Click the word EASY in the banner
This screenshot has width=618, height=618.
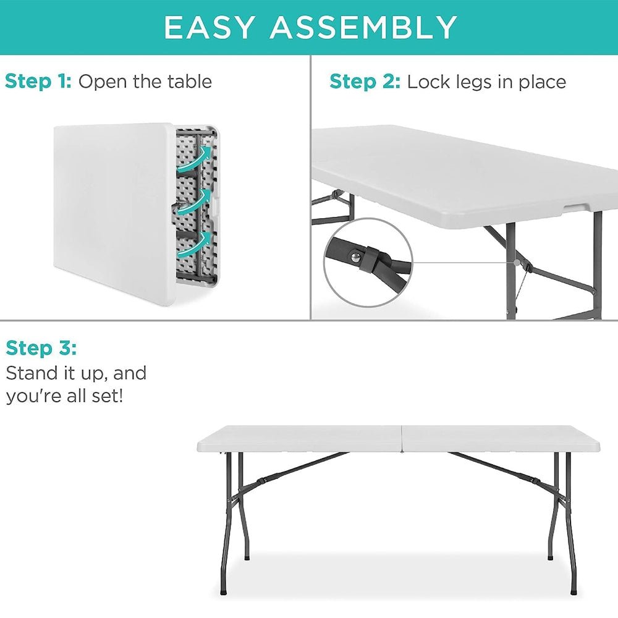click(208, 27)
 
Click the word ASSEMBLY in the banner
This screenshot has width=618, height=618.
click(363, 27)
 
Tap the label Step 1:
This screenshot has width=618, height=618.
click(38, 82)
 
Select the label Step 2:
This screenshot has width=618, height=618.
click(365, 82)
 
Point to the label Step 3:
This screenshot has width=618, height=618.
click(41, 349)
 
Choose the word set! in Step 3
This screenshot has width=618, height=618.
click(107, 396)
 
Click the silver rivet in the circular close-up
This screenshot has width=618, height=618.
click(355, 257)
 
